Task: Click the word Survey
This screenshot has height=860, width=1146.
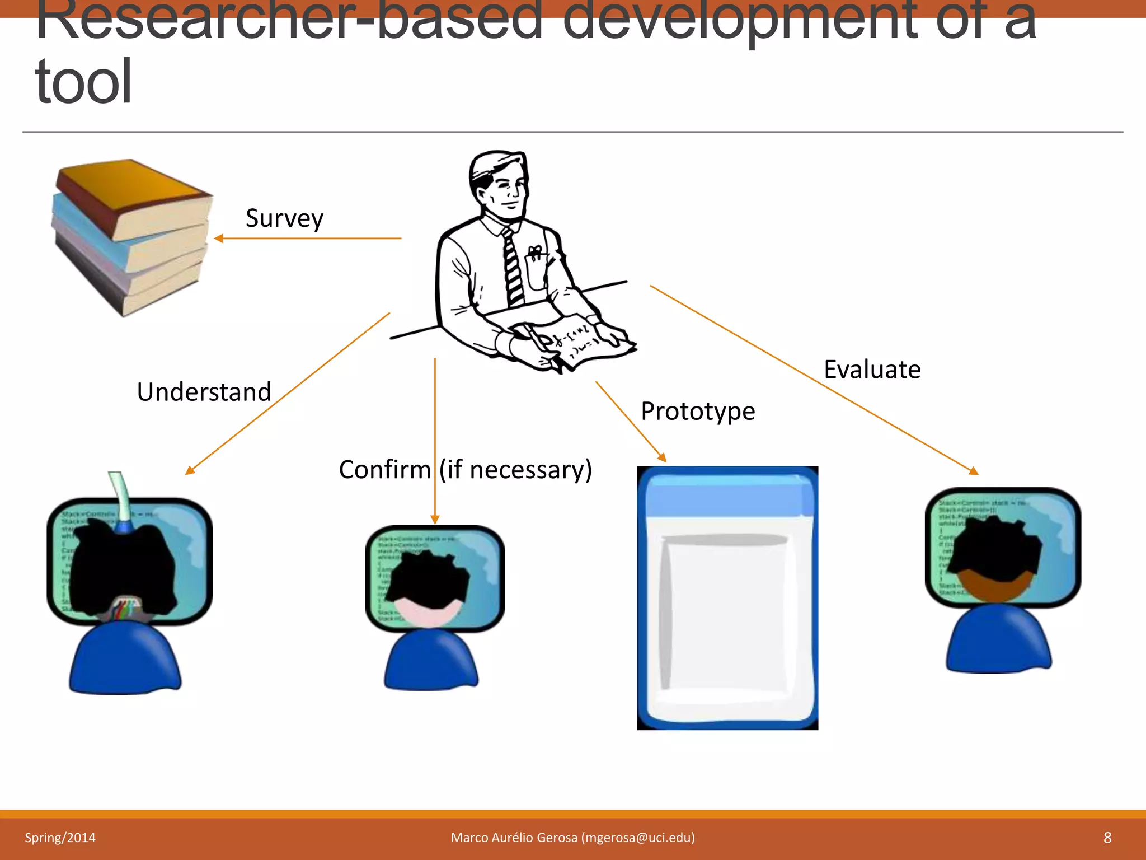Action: [284, 218]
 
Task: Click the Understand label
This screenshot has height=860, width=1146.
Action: [204, 391]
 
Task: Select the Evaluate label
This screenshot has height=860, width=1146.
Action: [872, 370]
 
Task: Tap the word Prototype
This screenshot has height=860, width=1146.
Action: [698, 411]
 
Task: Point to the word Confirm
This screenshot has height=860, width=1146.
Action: [385, 469]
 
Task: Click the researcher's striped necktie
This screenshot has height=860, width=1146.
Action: [513, 269]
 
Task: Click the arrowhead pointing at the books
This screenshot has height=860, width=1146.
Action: [219, 239]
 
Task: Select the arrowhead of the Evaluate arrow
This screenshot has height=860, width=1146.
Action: [974, 471]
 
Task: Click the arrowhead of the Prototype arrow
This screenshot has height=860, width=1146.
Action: [663, 458]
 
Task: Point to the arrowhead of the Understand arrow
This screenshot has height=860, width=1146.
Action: [190, 471]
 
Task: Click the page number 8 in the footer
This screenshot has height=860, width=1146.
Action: [1107, 838]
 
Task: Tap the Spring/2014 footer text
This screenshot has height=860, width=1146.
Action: [60, 838]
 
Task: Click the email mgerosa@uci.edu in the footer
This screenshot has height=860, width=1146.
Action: [637, 838]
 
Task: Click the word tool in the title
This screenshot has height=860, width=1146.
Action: [83, 82]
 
